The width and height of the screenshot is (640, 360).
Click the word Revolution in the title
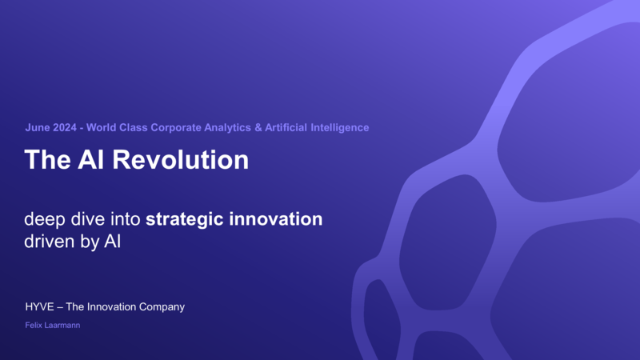pyautogui.click(x=181, y=159)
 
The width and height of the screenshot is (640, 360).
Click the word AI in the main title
pyautogui.click(x=91, y=159)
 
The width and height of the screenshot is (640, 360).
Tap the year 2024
pyautogui.click(x=65, y=127)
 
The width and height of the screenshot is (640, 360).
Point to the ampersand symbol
pyautogui.click(x=258, y=127)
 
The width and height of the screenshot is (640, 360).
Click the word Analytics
pyautogui.click(x=227, y=128)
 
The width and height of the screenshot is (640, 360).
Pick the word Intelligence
pyautogui.click(x=339, y=128)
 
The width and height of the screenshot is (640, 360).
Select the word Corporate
pyautogui.click(x=176, y=128)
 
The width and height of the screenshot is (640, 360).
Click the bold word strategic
pyautogui.click(x=185, y=219)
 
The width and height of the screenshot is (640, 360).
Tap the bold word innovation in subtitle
pyautogui.click(x=275, y=218)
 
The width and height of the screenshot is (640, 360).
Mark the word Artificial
pyautogui.click(x=286, y=127)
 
